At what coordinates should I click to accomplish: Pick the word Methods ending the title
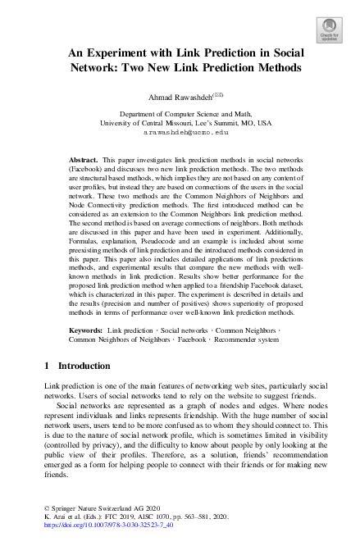pyautogui.click(x=272, y=68)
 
